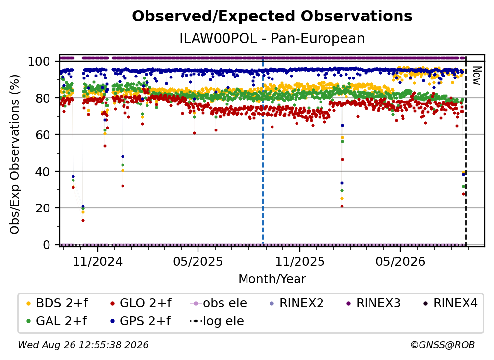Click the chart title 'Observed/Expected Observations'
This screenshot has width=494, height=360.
tap(272, 16)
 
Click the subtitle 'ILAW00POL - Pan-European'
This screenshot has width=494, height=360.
tap(272, 38)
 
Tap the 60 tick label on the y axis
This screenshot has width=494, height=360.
tap(43, 134)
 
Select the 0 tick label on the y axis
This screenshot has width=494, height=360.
tap(46, 245)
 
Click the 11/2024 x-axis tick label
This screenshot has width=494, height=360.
tap(98, 261)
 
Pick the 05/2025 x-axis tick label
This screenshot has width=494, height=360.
tap(198, 261)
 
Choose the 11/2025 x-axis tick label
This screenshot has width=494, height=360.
tap(300, 261)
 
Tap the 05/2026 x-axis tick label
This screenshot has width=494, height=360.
tap(400, 261)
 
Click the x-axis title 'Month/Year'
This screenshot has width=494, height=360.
tap(272, 279)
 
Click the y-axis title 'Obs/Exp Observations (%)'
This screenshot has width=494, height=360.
tap(15, 154)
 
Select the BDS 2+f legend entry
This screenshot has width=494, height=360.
tap(57, 303)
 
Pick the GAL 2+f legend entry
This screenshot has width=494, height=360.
tap(56, 321)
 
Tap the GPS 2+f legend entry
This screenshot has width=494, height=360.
tap(140, 321)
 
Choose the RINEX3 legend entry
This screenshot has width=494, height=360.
tap(373, 303)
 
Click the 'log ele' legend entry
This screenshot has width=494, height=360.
tap(217, 321)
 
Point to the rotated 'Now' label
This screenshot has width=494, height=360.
tap(477, 76)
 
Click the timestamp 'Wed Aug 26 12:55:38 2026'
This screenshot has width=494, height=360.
tap(83, 345)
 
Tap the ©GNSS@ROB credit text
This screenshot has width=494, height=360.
tap(443, 345)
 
